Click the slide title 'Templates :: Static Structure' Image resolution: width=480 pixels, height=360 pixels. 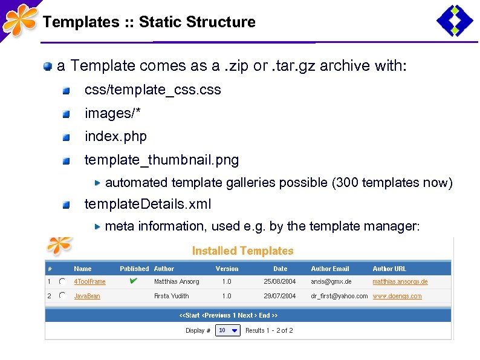point(149,22)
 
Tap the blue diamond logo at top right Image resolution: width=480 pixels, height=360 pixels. point(455,21)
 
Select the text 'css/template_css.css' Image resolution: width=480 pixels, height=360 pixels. point(152,90)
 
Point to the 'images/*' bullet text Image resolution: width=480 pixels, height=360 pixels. point(108,113)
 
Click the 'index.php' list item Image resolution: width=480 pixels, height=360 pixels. point(115,137)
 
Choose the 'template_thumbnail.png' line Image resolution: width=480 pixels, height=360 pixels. point(161,160)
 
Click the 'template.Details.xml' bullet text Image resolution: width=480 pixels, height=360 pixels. point(148,205)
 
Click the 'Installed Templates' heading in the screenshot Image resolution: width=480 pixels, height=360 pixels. point(242,251)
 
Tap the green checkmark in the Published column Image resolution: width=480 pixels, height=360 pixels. point(134,281)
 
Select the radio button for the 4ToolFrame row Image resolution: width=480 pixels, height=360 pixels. point(62,282)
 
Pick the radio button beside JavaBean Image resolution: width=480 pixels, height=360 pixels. point(62,296)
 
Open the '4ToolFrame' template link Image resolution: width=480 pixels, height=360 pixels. point(89,282)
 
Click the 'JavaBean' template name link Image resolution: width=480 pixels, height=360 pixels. point(87,296)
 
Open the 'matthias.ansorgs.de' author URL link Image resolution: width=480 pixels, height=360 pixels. point(400,282)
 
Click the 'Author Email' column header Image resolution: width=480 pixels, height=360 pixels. point(329,269)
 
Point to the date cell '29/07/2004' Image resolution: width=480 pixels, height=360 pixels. point(280,296)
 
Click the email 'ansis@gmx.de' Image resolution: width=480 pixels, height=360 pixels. point(331,282)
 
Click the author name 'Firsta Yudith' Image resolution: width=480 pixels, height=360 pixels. point(171,296)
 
